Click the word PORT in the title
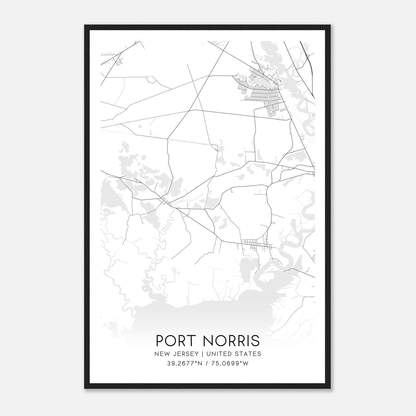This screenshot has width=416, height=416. point(173,341)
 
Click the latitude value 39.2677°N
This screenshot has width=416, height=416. point(184,363)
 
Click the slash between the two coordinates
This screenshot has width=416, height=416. point(207,363)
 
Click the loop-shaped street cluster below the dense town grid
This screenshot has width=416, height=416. point(272,110)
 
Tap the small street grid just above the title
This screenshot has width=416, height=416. point(256,245)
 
